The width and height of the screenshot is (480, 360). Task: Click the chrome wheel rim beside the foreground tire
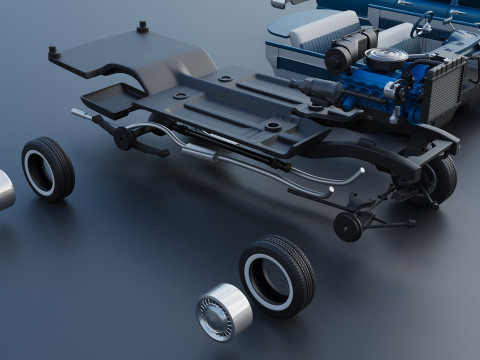tap(223, 311)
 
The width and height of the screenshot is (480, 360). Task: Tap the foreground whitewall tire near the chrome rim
tap(277, 275)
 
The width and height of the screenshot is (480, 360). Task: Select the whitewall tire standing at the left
tap(47, 168)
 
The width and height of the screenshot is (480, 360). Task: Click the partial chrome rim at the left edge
tap(5, 190)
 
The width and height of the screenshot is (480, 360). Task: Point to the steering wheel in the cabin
tap(424, 22)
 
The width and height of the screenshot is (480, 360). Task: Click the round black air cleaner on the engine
tap(386, 59)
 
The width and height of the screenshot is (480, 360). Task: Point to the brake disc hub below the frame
tap(348, 227)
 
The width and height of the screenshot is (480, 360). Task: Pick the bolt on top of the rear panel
tap(142, 26)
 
